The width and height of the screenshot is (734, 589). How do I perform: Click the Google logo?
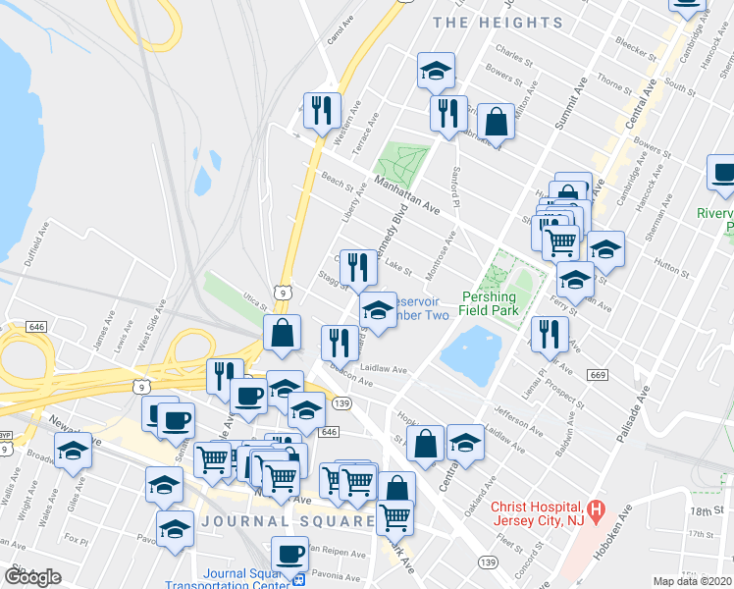pyautogui.click(x=32, y=577)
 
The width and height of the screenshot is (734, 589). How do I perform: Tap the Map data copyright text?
pyautogui.click(x=693, y=581)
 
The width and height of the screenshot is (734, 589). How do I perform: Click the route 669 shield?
pyautogui.click(x=598, y=375)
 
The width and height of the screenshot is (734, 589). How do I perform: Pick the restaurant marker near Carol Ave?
pyautogui.click(x=321, y=110)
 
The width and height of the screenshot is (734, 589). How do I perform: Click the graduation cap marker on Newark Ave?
pyautogui.click(x=74, y=451)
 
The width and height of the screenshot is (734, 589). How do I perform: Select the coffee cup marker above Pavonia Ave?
pyautogui.click(x=289, y=554)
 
